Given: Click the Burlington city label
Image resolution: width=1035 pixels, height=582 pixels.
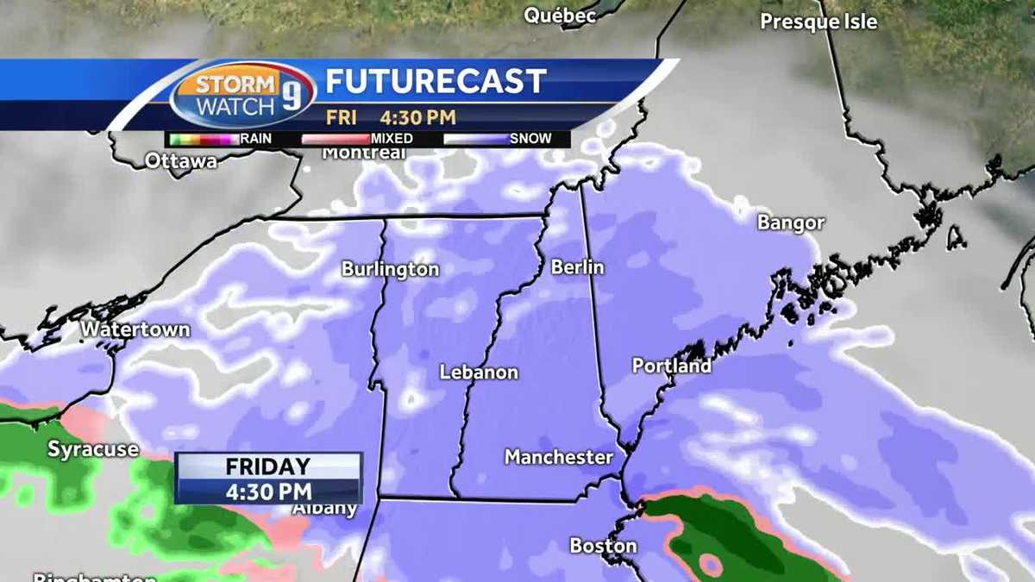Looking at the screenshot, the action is pos(390,269).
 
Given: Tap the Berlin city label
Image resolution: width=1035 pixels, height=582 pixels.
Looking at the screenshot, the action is pos(577,267).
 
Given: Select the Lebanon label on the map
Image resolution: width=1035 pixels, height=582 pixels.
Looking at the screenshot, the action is pos(479,372).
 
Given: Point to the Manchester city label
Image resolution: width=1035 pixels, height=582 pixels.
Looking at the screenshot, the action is pos(558,457).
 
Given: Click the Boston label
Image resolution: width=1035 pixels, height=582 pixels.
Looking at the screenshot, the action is pos(603,546).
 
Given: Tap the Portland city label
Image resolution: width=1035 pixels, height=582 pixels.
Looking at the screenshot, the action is pos(672,366).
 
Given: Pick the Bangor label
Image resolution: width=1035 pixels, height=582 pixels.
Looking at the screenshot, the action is pos(791,222).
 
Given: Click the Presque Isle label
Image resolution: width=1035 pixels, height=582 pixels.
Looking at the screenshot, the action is pos(818,22).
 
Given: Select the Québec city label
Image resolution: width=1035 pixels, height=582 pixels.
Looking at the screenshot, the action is pos(560,16).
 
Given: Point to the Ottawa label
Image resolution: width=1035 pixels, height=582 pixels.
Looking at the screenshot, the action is pos(181,160).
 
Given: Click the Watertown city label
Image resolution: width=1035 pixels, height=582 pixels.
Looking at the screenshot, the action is pos(135,330).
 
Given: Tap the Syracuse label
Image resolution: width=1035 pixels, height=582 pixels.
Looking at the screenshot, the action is pos(92,448).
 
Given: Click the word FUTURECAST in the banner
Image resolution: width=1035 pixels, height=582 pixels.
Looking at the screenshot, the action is pos(436,82).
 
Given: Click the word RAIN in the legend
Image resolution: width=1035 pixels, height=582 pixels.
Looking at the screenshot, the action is pos(257,138).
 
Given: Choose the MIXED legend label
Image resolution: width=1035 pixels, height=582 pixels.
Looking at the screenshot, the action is pos(392,138).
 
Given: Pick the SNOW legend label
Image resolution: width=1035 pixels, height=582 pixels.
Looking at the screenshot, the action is pos(530,138).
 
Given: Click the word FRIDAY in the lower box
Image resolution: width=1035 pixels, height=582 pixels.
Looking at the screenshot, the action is pos(267,467).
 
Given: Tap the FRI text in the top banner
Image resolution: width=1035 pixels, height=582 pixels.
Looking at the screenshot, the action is pos(341,117).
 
